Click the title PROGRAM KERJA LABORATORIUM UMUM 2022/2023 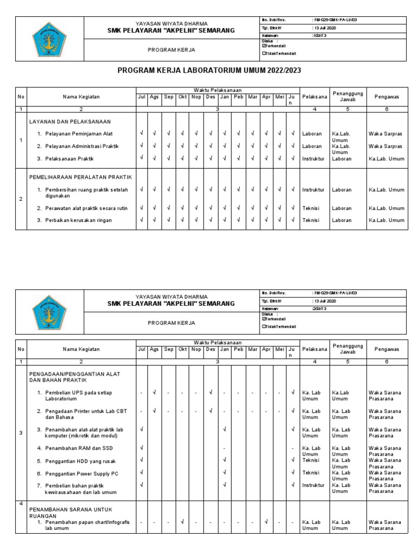coord(209,71)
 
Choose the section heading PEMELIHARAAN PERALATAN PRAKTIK coord(80,177)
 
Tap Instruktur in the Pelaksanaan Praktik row coord(313,159)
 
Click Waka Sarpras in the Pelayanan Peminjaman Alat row coord(385,134)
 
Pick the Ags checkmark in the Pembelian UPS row coord(155,392)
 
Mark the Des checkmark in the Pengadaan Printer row coord(211,410)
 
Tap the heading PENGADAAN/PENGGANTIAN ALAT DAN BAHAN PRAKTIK coord(74,377)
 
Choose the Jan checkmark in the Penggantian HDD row coord(224,460)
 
